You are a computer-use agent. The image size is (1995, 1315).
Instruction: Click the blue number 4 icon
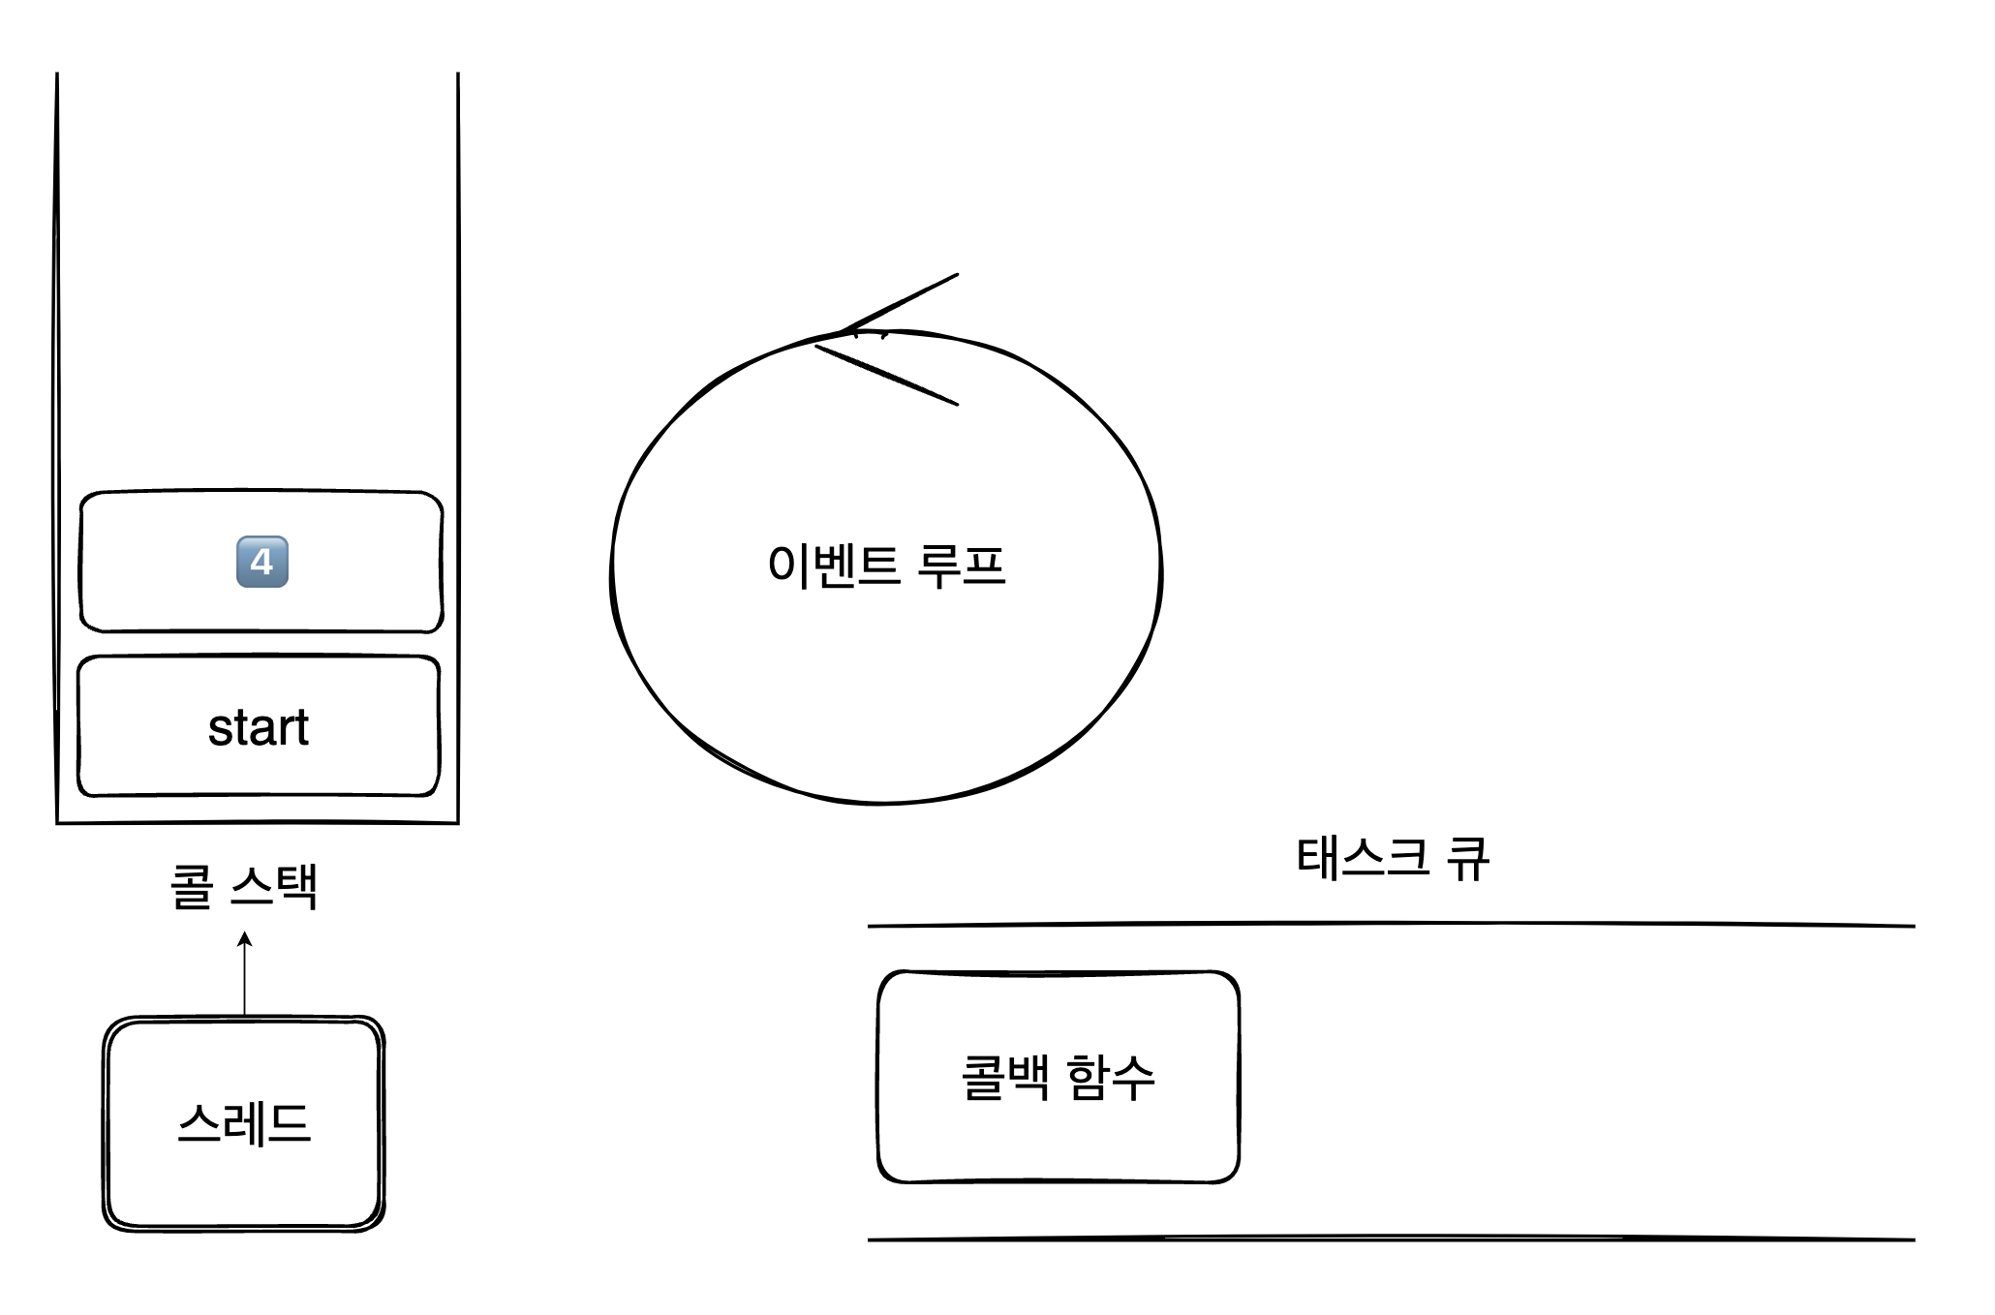[x=262, y=562]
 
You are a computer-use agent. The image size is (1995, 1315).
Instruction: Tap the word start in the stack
[x=259, y=728]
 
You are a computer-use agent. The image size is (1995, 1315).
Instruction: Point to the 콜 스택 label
[x=244, y=886]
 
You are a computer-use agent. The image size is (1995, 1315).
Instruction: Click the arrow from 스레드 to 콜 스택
[x=245, y=973]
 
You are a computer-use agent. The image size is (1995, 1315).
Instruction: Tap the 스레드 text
[x=244, y=1124]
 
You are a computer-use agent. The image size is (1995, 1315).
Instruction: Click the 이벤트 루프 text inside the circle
[x=886, y=566]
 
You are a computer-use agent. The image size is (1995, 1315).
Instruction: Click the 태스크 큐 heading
[x=1392, y=858]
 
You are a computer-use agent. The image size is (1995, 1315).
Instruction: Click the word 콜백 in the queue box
[x=1005, y=1077]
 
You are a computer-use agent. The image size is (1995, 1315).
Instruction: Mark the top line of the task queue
[x=1391, y=926]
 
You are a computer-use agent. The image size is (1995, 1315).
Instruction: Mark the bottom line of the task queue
[x=1391, y=1239]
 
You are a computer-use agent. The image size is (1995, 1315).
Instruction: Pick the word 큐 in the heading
[x=1467, y=858]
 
